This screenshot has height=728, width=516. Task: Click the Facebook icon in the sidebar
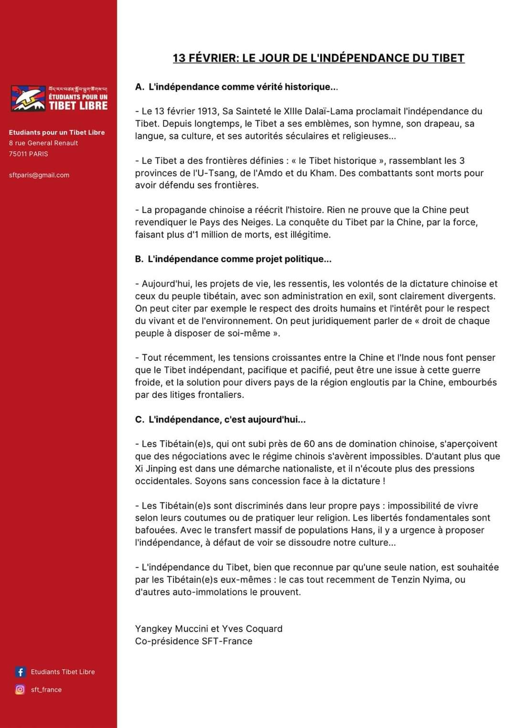point(20,672)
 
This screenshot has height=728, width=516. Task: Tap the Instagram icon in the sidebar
point(20,689)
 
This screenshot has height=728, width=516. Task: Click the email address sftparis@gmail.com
point(39,175)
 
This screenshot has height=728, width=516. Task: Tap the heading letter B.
point(139,259)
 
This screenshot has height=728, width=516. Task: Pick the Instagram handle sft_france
point(46,689)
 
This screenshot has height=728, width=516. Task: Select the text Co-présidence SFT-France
point(193,641)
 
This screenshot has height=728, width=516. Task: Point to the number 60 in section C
point(310,444)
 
